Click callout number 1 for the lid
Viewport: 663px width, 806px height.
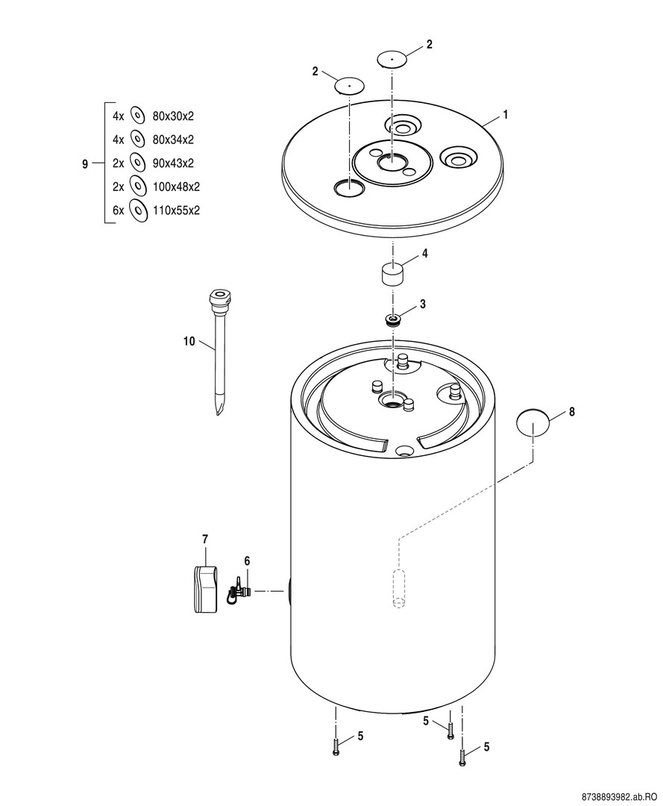tap(506, 115)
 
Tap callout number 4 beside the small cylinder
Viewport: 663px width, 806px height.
tap(424, 254)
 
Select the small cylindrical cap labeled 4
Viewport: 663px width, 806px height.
tap(392, 273)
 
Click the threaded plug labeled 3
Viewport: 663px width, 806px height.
tap(394, 320)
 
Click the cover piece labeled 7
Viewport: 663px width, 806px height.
tap(205, 589)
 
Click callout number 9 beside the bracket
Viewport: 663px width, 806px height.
tap(85, 164)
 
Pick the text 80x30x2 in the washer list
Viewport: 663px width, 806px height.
tap(173, 116)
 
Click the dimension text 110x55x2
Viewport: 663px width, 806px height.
tap(176, 210)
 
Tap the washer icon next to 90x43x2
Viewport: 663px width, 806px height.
tap(136, 163)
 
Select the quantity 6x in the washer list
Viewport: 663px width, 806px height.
tap(119, 210)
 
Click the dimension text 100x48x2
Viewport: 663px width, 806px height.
tap(176, 187)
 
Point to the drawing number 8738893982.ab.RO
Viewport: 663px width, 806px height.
tap(619, 796)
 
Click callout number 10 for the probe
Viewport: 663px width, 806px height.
tap(189, 341)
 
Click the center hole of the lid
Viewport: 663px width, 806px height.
tap(392, 163)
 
